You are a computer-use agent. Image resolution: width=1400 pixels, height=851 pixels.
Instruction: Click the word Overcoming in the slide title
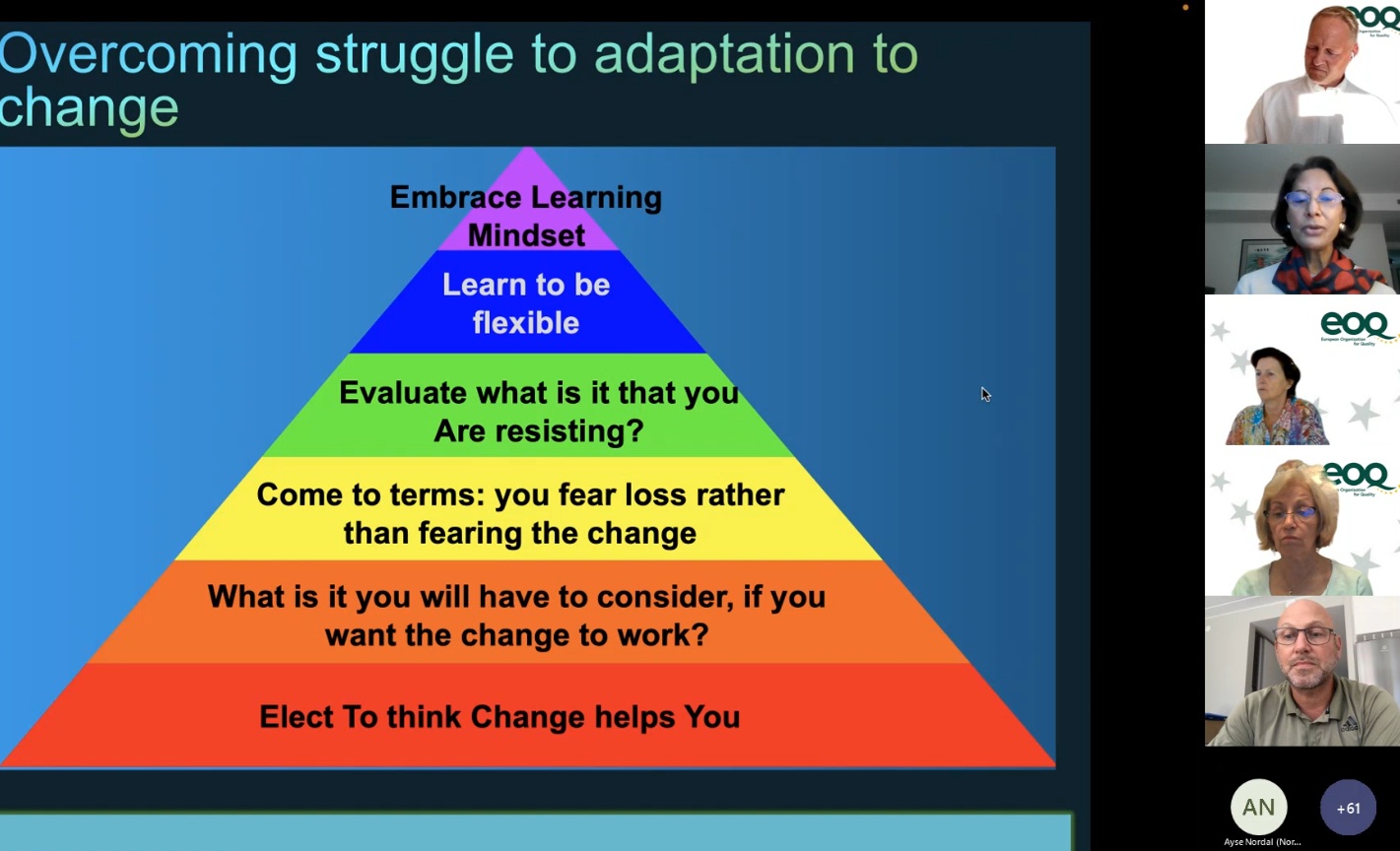click(x=148, y=55)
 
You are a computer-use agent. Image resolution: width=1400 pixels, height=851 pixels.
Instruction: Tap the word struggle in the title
click(x=415, y=55)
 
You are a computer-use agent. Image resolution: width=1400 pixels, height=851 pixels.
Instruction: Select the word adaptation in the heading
click(x=724, y=55)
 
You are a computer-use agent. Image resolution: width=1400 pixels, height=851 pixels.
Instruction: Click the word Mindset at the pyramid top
click(x=526, y=235)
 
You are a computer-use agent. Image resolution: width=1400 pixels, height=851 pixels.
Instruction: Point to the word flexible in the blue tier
click(x=526, y=323)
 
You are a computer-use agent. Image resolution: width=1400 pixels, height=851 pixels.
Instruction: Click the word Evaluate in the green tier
click(x=403, y=393)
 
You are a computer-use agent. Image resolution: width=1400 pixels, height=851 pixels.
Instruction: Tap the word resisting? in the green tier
click(x=569, y=431)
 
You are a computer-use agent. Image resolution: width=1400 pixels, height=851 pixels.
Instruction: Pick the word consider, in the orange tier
click(x=665, y=597)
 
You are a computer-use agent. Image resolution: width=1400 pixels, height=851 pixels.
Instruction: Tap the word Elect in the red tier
click(x=297, y=717)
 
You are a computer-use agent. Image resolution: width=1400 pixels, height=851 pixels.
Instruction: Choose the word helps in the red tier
click(x=634, y=717)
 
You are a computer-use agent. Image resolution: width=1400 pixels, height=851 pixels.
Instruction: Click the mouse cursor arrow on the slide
click(x=985, y=395)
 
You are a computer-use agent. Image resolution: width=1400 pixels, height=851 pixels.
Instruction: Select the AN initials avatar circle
click(x=1259, y=808)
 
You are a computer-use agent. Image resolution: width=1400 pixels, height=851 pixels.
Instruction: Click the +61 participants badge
click(x=1348, y=808)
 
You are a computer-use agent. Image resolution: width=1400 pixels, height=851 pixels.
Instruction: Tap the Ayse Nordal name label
click(x=1262, y=842)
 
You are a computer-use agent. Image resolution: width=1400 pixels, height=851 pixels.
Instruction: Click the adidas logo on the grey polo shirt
click(x=1349, y=725)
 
